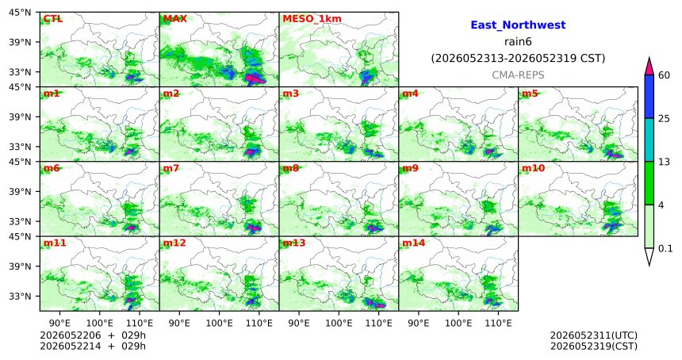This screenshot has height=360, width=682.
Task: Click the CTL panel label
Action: pyautogui.click(x=52, y=19)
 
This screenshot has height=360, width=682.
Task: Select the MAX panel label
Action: pyautogui.click(x=174, y=19)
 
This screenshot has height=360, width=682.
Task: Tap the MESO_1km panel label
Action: pyautogui.click(x=312, y=19)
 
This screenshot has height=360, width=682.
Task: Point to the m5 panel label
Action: pyautogui.click(x=531, y=94)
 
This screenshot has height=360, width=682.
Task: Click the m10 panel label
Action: pyautogui.click(x=533, y=168)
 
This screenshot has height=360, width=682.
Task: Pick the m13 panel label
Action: pyautogui.click(x=294, y=243)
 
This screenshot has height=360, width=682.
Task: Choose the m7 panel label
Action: pyautogui.click(x=171, y=168)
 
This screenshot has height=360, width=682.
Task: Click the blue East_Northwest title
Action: pyautogui.click(x=518, y=25)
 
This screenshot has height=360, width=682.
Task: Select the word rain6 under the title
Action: pyautogui.click(x=518, y=42)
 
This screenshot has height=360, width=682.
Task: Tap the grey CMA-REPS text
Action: pyautogui.click(x=518, y=75)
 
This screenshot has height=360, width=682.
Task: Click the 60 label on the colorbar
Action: pyautogui.click(x=665, y=75)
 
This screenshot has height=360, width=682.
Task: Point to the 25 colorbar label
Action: pyautogui.click(x=665, y=119)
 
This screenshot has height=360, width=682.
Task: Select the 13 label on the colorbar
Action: pyautogui.click(x=665, y=162)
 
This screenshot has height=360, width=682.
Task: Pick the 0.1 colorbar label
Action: pyautogui.click(x=665, y=248)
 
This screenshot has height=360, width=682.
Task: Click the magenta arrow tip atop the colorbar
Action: pyautogui.click(x=649, y=57)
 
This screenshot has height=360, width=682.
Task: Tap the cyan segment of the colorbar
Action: pyautogui.click(x=649, y=140)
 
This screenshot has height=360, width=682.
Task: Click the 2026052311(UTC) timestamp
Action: pyautogui.click(x=594, y=335)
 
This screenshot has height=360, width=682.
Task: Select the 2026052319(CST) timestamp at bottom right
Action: pyautogui.click(x=594, y=346)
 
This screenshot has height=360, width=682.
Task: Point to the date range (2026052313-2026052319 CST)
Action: pyautogui.click(x=518, y=58)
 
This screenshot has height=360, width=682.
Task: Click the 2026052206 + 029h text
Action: pyautogui.click(x=93, y=335)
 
